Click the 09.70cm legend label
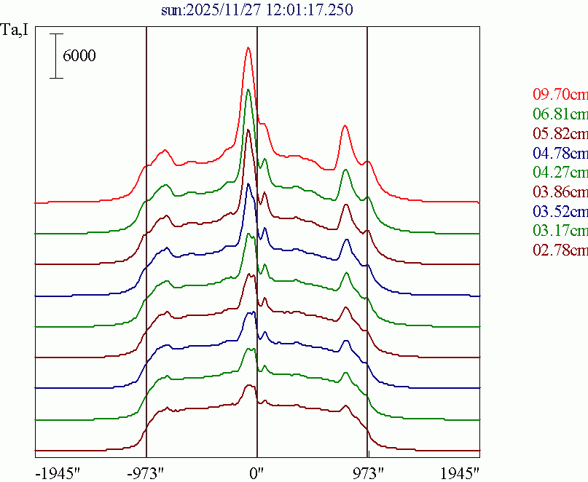pyautogui.click(x=560, y=94)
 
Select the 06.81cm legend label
pyautogui.click(x=560, y=114)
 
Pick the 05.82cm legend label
pyautogui.click(x=560, y=133)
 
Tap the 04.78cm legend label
pyautogui.click(x=560, y=153)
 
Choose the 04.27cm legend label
pyautogui.click(x=560, y=173)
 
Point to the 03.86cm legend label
pyautogui.click(x=560, y=192)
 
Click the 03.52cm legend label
pyautogui.click(x=560, y=212)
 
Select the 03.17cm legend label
pyautogui.click(x=560, y=232)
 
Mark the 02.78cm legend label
pyautogui.click(x=560, y=251)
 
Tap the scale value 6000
pyautogui.click(x=79, y=56)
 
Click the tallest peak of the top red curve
pyautogui.click(x=248, y=48)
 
